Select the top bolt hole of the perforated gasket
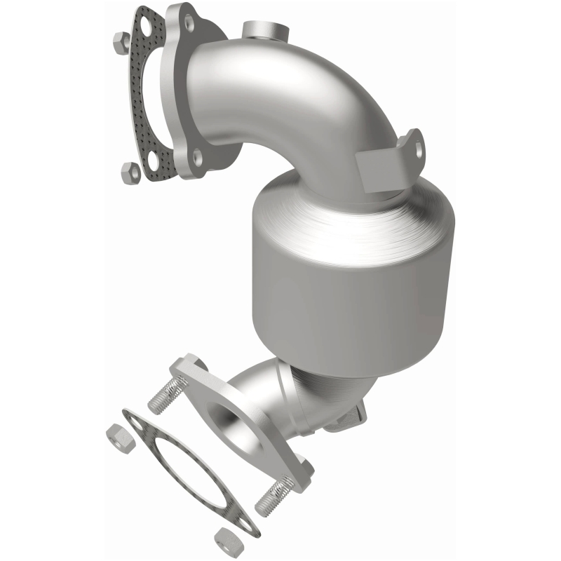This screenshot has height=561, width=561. point(147,25)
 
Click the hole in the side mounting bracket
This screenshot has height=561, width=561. point(419,149)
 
